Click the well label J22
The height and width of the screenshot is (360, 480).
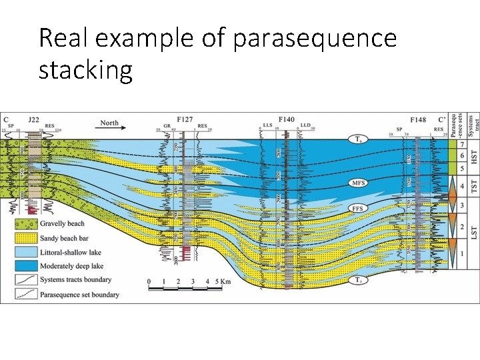(x=33, y=119)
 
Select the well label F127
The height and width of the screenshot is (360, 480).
(x=185, y=119)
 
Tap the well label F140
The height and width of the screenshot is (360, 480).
(x=286, y=119)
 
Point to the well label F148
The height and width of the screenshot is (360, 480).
(x=418, y=119)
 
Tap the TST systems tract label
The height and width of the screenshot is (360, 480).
(x=474, y=186)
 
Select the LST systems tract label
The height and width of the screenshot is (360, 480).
(x=474, y=233)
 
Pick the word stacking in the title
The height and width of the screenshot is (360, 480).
(x=85, y=69)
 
